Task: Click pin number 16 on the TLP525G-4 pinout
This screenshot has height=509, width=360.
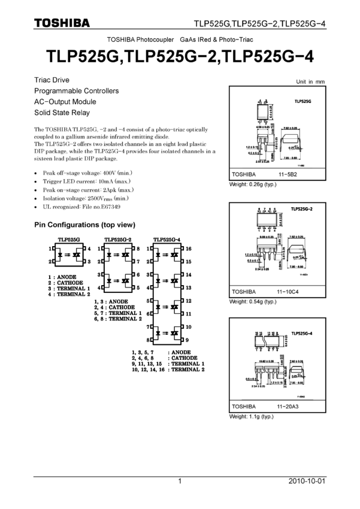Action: pyautogui.click(x=188, y=248)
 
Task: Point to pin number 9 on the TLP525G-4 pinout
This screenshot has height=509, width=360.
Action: pyautogui.click(x=187, y=340)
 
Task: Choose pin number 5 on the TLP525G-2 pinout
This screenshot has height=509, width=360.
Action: pyautogui.click(x=137, y=287)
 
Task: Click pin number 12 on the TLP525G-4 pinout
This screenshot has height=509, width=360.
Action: pyautogui.click(x=188, y=301)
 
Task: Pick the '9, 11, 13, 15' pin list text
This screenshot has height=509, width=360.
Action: pyautogui.click(x=147, y=364)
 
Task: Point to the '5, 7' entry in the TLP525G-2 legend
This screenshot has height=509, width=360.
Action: pyautogui.click(x=100, y=313)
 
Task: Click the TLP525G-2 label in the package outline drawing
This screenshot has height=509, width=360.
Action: pyautogui.click(x=302, y=209)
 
